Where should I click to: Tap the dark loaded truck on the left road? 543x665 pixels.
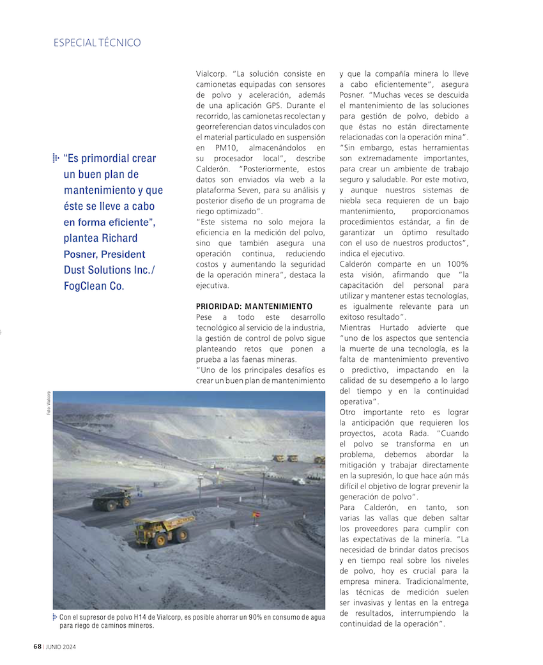pyautogui.click(x=111, y=497)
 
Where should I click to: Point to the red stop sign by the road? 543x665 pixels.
pyautogui.click(x=256, y=515)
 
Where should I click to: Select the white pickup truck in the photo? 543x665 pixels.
pyautogui.click(x=298, y=481)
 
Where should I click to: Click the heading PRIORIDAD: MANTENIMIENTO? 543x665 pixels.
pyautogui.click(x=254, y=306)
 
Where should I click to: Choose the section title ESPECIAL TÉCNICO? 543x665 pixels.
pyautogui.click(x=97, y=43)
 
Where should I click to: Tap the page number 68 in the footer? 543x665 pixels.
pyautogui.click(x=38, y=646)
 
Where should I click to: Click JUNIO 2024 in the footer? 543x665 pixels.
pyautogui.click(x=61, y=646)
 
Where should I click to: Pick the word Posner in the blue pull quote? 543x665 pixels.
pyautogui.click(x=79, y=254)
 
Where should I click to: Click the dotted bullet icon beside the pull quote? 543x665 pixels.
pyautogui.click(x=56, y=158)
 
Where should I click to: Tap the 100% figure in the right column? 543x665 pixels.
pyautogui.click(x=454, y=264)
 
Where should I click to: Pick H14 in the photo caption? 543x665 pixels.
pyautogui.click(x=141, y=617)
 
